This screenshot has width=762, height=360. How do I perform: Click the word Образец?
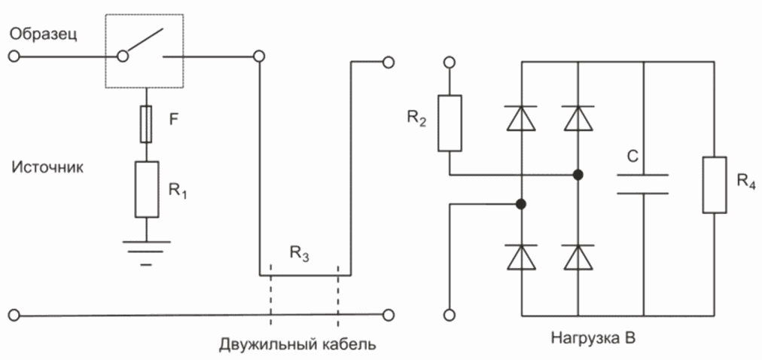point(43,35)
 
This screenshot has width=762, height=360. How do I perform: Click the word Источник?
point(47,168)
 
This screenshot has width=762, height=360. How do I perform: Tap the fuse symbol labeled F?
point(146,124)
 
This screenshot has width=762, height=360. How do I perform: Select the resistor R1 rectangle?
point(146,190)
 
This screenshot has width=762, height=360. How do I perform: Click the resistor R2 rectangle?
point(450,123)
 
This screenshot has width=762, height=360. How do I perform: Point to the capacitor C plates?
point(643,184)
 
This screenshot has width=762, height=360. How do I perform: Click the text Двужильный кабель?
point(297,344)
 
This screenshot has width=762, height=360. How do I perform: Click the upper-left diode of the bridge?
point(521,118)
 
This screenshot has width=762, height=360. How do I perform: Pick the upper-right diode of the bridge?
point(578,118)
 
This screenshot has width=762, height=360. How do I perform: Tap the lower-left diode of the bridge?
point(521,257)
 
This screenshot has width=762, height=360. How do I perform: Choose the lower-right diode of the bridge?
point(578,257)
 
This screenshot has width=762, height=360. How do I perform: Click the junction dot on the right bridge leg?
point(578,175)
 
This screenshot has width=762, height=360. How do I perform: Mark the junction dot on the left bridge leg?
point(521,204)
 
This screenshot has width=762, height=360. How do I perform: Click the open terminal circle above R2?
point(450,63)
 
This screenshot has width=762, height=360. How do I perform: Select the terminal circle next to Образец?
point(14,56)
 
